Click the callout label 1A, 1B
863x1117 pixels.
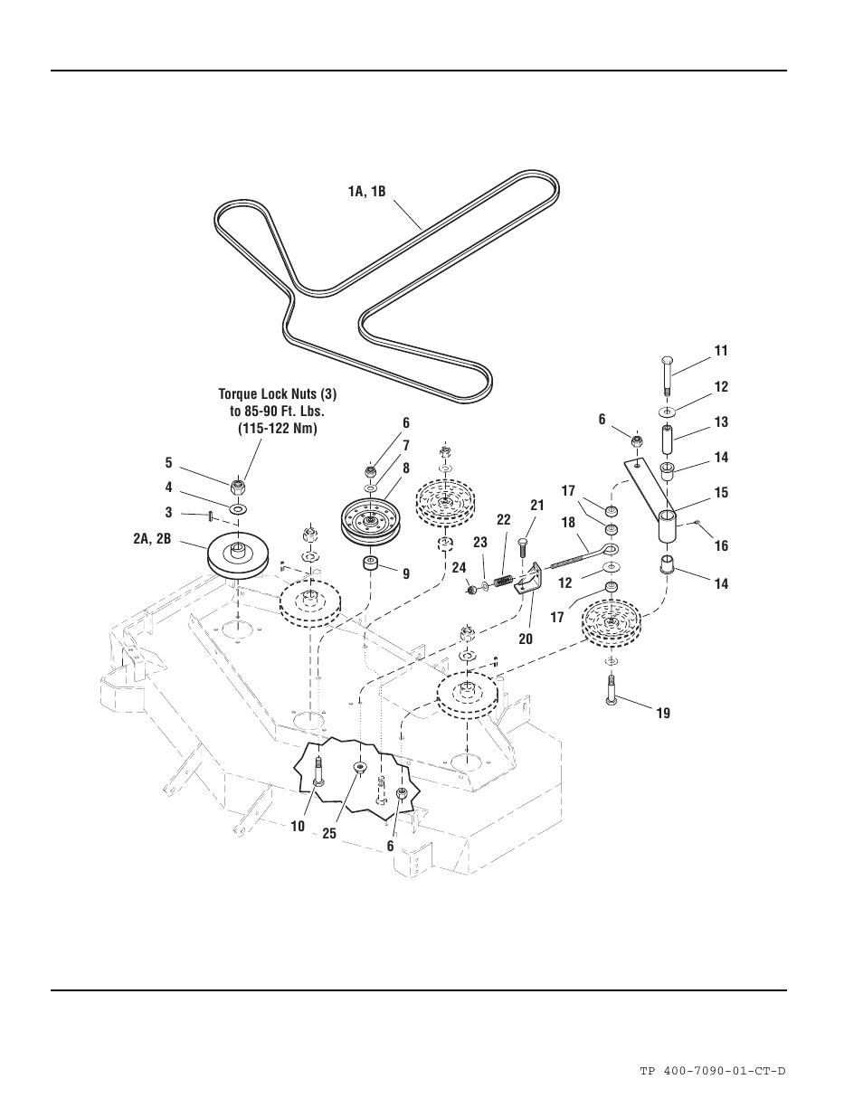tap(366, 192)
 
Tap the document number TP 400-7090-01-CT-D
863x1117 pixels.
tap(712, 1071)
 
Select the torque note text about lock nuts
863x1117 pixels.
tap(270, 411)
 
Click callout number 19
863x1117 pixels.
tap(663, 714)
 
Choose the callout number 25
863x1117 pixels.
tap(329, 833)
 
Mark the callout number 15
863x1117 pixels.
tap(721, 493)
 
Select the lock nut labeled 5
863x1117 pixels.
tap(239, 488)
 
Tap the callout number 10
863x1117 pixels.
tap(298, 825)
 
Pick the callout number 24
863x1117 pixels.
tap(460, 568)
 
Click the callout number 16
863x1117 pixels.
tap(721, 545)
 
